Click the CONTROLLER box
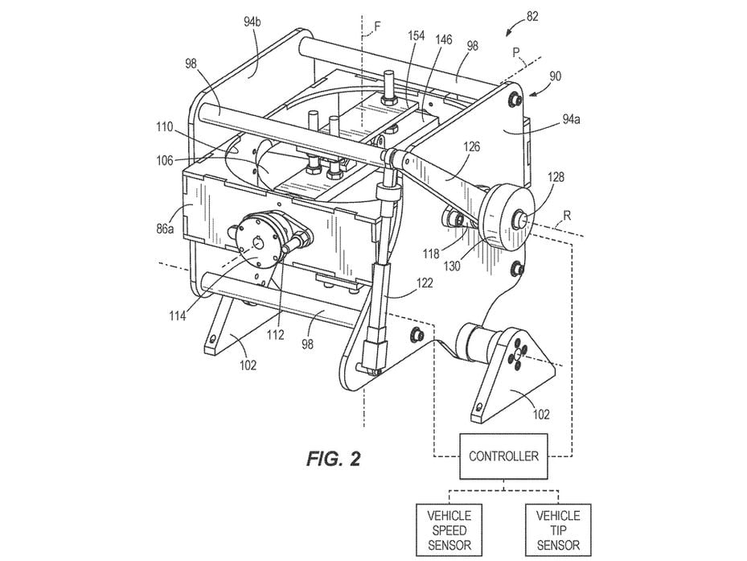click(x=503, y=456)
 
